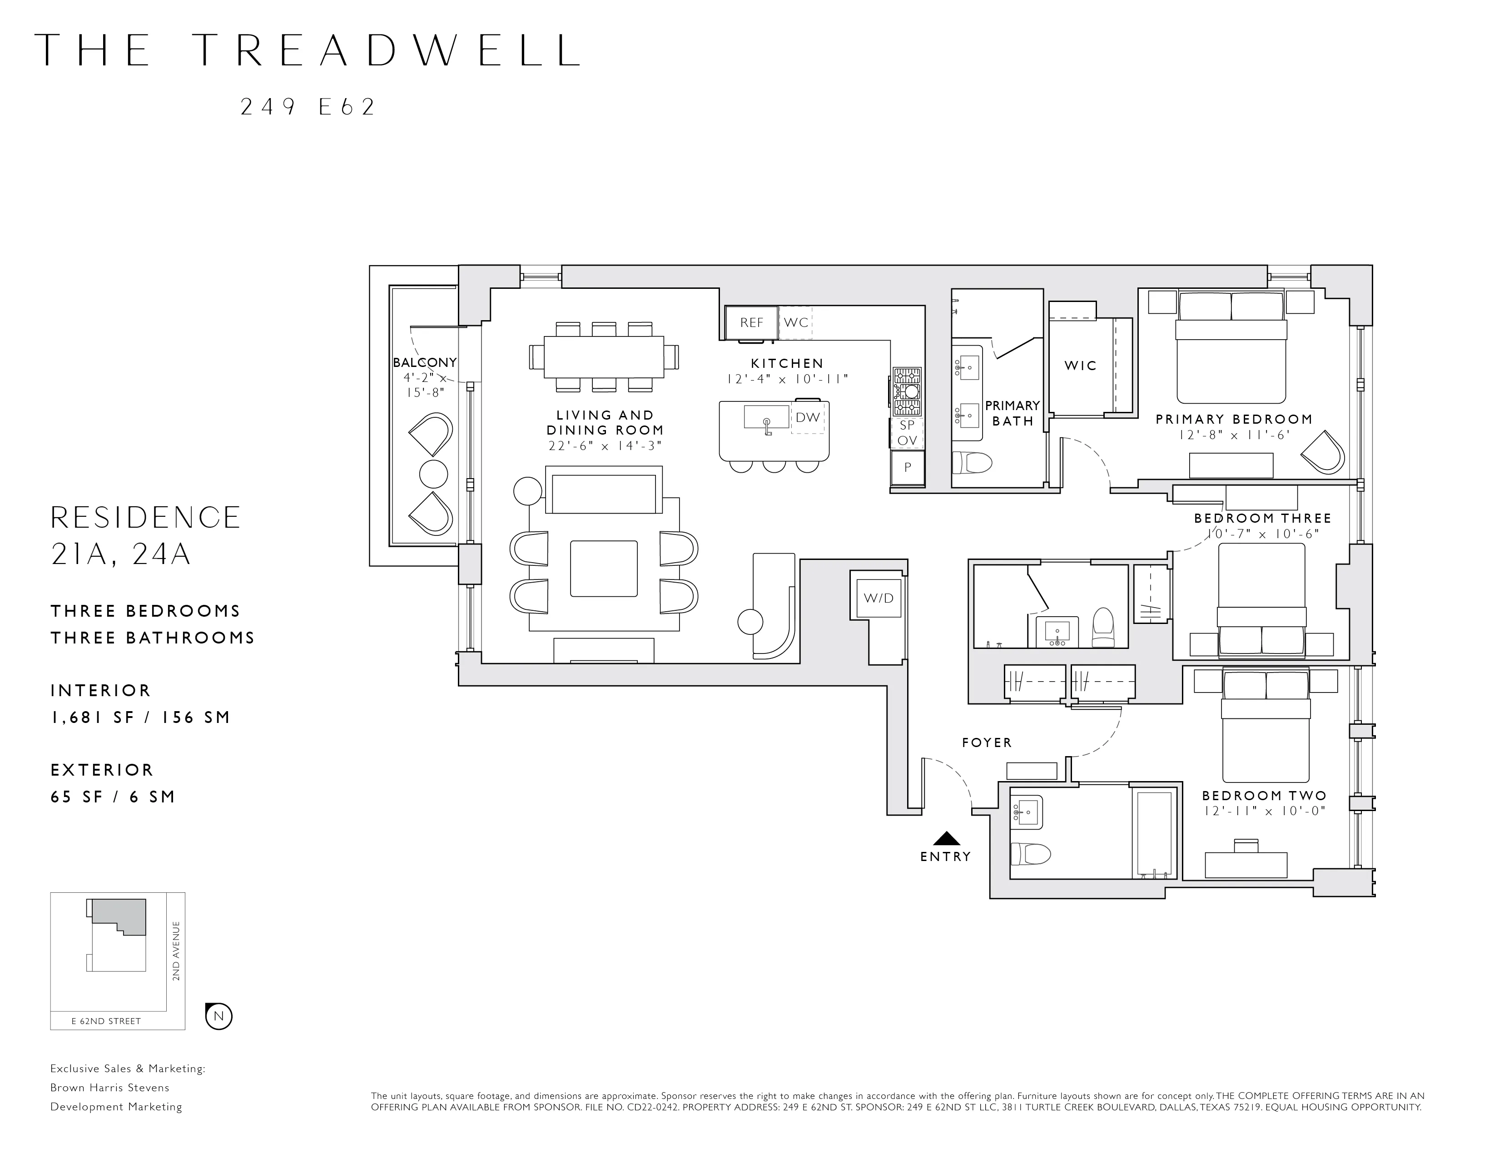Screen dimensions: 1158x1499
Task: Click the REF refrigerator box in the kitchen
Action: pos(752,322)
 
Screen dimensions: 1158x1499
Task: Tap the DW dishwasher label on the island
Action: pos(808,417)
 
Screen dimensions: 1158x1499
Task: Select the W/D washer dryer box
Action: pos(879,598)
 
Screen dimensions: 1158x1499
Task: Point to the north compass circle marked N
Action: pos(219,1016)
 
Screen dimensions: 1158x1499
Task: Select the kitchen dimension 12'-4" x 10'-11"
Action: pos(787,379)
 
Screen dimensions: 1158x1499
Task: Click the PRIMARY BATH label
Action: pos(1013,413)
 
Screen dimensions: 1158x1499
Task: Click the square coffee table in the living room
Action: pos(603,569)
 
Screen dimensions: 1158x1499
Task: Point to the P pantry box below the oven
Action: pos(908,468)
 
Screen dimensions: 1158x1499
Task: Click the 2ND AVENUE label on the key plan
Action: pos(176,951)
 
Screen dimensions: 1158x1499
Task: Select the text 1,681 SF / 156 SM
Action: pos(140,718)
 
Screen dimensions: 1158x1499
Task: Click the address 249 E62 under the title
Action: pos(308,108)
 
